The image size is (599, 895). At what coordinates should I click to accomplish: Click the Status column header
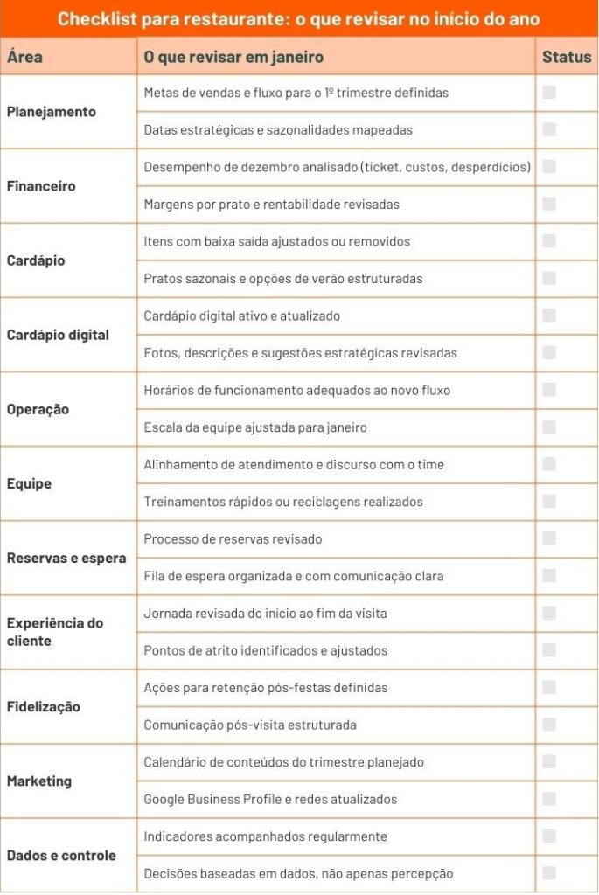567,58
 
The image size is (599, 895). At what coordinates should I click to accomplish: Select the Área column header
24,58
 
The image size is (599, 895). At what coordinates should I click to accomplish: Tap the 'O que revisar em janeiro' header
233,58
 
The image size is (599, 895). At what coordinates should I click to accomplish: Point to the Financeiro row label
41,186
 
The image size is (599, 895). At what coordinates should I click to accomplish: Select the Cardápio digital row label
58,335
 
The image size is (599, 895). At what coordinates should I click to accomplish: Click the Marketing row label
39,781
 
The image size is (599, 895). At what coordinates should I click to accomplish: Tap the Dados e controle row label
61,855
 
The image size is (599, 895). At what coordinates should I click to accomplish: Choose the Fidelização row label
44,706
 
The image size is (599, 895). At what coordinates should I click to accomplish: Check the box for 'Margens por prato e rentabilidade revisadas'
549,204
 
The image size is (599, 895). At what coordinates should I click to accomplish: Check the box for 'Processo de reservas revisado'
549,538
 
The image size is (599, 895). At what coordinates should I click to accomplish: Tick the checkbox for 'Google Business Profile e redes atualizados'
549,799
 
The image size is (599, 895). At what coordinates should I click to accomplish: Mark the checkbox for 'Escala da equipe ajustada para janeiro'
549,427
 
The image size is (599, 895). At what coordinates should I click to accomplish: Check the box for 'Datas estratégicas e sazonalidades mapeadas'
549,129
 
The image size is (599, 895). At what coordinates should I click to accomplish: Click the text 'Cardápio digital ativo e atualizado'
242,316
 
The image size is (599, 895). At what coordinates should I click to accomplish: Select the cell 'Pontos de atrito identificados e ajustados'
265,650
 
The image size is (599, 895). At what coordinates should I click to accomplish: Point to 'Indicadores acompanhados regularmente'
254,836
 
